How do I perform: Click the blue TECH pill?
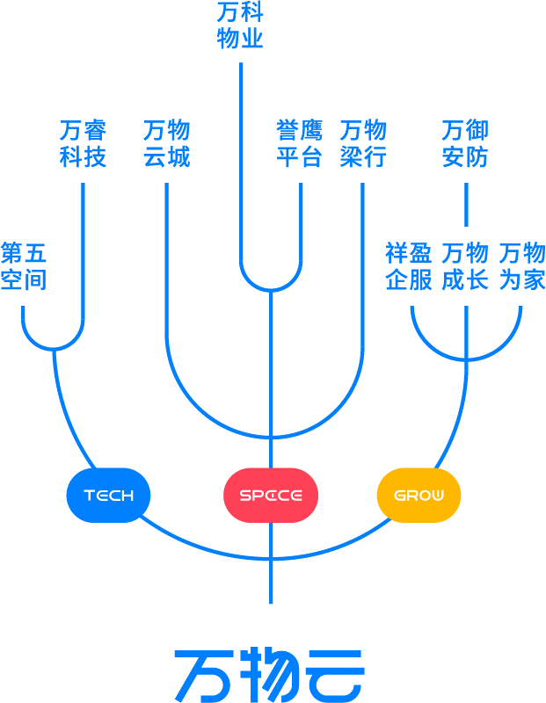[108, 496]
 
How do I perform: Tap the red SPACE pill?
[270, 496]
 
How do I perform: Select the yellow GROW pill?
[419, 496]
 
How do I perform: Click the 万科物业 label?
[240, 26]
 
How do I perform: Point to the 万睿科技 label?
[84, 144]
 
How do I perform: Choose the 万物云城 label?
[166, 144]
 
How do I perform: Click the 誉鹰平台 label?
[299, 144]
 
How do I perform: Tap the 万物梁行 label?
[362, 144]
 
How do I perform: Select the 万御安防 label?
[465, 144]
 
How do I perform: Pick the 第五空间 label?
[23, 267]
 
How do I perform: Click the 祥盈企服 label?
[409, 267]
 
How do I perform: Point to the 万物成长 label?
[465, 267]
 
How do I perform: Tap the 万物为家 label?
[522, 267]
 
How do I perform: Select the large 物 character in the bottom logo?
[270, 675]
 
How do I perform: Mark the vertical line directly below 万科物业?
[241, 158]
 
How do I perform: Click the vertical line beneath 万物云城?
[166, 264]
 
